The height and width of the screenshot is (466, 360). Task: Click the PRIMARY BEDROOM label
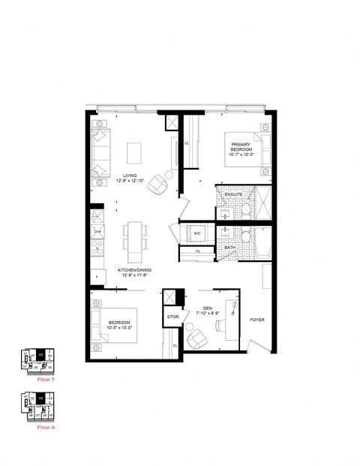[241, 149]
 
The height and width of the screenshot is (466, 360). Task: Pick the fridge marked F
[97, 278]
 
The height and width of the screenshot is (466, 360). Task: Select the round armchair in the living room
[158, 183]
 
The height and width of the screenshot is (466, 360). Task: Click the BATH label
[229, 247]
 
